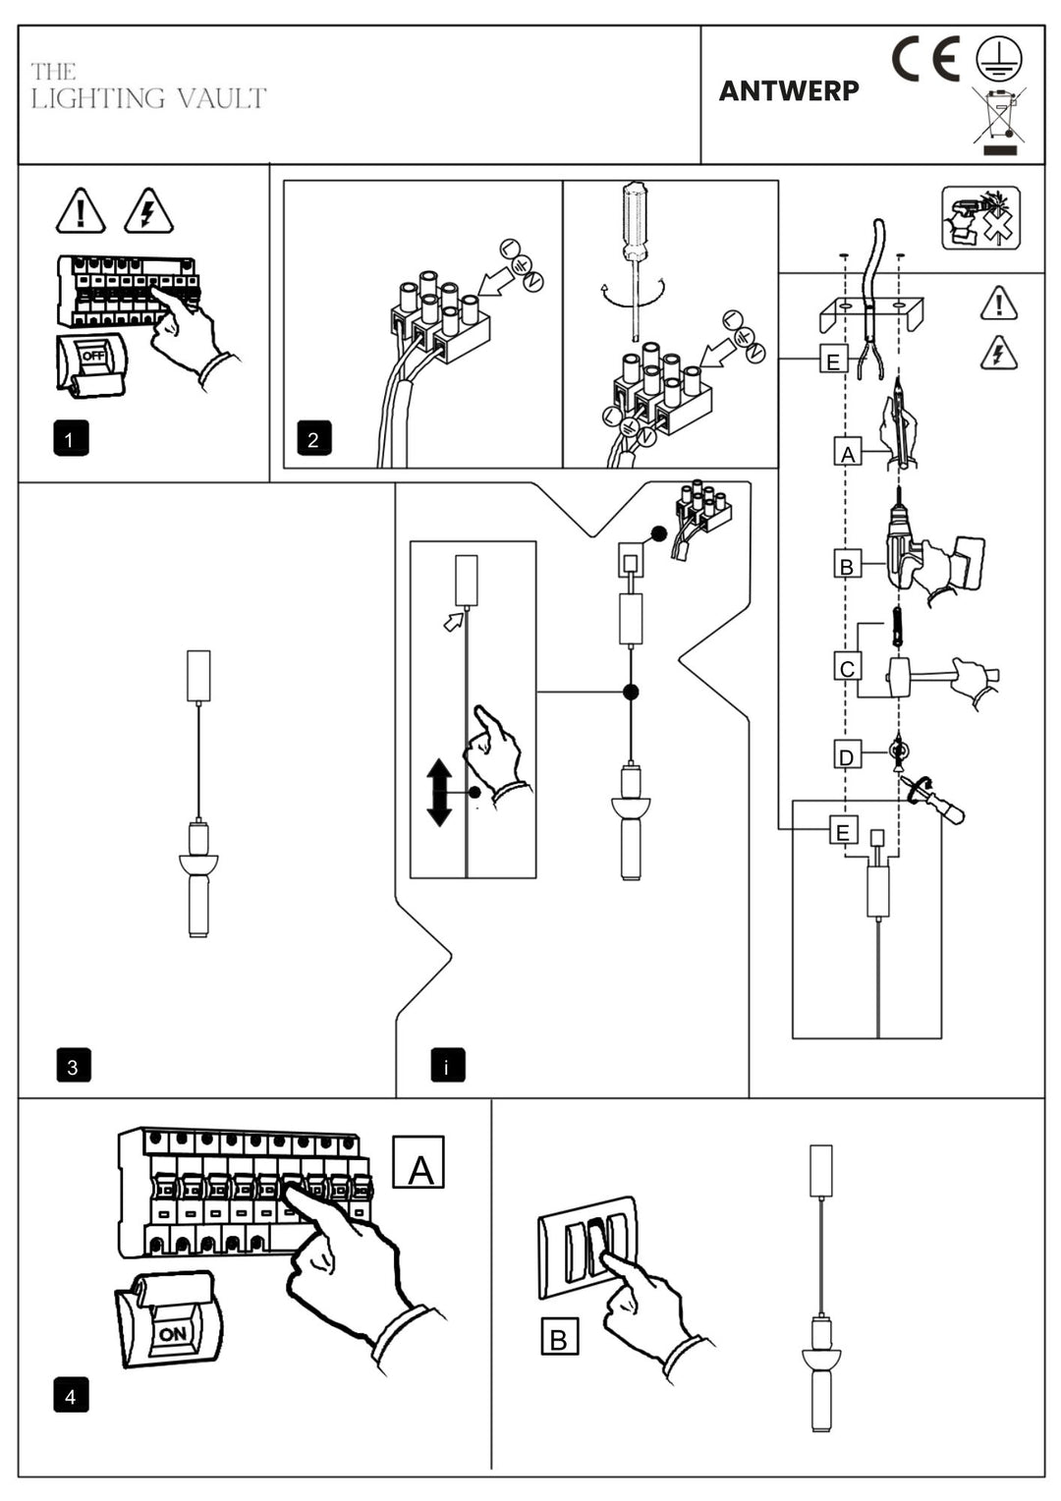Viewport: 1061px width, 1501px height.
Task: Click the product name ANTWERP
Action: [789, 90]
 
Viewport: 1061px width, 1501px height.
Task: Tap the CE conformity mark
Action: [925, 60]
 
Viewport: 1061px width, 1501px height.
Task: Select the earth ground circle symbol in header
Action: [998, 59]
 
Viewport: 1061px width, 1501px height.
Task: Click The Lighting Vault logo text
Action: [147, 86]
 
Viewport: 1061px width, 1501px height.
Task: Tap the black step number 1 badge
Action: [71, 438]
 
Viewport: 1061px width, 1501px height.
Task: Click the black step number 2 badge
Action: [313, 438]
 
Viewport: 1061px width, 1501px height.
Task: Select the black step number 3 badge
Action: [73, 1066]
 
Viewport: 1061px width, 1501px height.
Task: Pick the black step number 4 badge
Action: [71, 1396]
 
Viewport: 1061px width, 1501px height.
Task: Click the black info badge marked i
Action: [448, 1066]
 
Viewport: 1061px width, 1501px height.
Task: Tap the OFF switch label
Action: [93, 356]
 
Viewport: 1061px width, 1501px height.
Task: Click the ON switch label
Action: [172, 1334]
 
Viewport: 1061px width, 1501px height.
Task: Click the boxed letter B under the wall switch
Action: [559, 1338]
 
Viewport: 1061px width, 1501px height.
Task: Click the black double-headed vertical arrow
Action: [439, 792]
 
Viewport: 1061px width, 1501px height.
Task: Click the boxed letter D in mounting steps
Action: [847, 756]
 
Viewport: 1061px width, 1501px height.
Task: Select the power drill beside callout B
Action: [909, 545]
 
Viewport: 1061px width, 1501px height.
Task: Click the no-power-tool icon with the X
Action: [980, 218]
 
